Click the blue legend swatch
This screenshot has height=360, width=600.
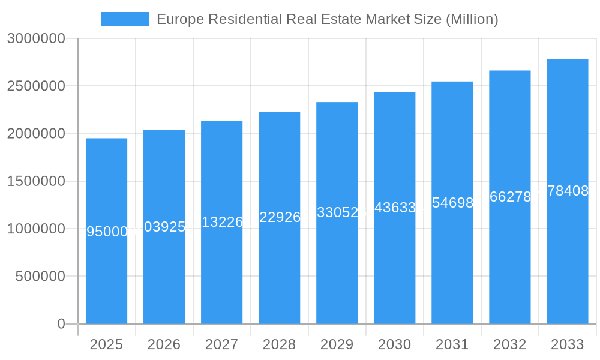125,19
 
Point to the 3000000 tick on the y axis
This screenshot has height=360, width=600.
35,38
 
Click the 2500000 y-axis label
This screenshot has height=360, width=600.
35,86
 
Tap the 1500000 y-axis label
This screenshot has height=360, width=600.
35,181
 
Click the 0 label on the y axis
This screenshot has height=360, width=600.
61,324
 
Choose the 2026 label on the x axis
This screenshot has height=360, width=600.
164,344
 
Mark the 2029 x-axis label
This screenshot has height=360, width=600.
337,344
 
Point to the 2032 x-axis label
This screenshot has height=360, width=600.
509,344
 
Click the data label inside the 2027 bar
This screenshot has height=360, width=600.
221,222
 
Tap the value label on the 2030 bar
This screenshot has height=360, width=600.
394,208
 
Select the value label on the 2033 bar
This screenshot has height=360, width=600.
567,191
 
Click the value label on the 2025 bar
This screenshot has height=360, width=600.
106,232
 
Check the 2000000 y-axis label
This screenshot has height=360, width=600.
35,134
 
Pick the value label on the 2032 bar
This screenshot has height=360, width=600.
509,197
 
